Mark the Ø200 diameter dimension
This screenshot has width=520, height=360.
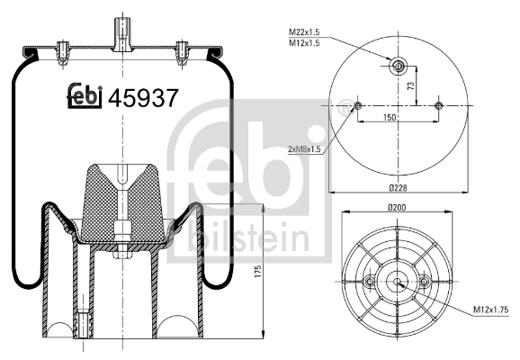(397, 209)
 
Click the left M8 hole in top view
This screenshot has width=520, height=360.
(358, 106)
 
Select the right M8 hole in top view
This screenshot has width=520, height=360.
(438, 106)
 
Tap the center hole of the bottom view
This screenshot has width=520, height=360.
(397, 282)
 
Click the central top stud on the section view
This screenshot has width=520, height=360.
(120, 31)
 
